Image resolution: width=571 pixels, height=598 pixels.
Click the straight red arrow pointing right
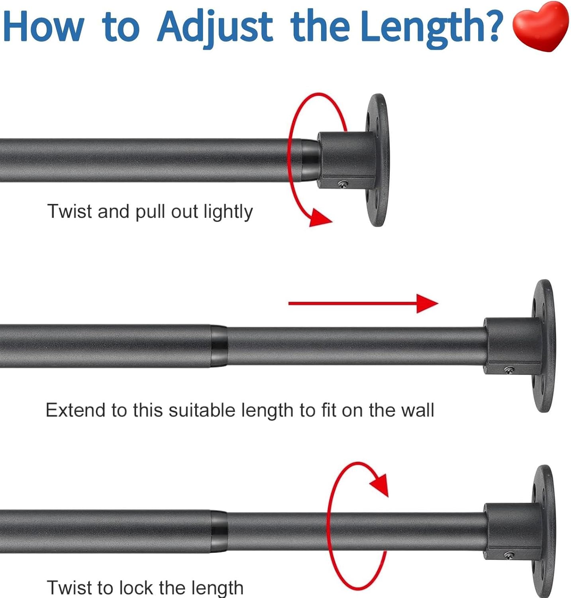pos(363,303)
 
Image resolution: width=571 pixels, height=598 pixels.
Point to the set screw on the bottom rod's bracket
pos(510,555)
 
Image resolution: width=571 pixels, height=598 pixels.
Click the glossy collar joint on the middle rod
pos(219,346)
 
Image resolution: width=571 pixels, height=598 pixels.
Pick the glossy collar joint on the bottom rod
pos(219,531)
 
